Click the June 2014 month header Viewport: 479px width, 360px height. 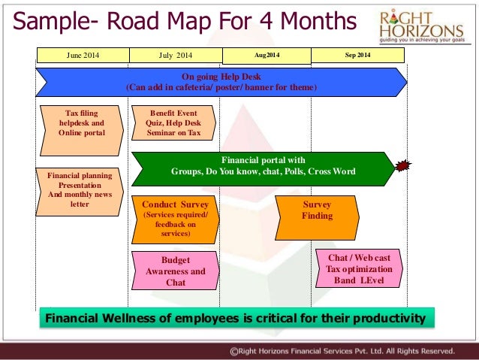(x=83, y=55)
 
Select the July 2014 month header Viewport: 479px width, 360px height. (x=176, y=55)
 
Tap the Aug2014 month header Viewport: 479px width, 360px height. (x=267, y=55)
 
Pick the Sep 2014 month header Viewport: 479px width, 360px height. (x=357, y=55)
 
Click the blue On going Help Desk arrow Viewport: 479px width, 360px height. (x=221, y=82)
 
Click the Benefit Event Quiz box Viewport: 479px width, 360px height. (x=173, y=123)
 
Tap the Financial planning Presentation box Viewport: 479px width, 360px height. (x=80, y=189)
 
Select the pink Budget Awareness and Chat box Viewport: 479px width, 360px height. (x=176, y=271)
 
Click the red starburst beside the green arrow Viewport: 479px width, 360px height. (x=404, y=165)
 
